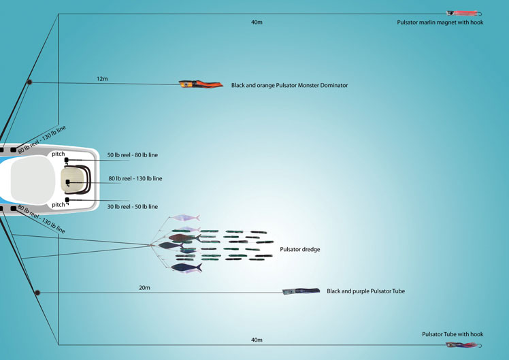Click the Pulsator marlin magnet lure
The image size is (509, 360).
click(x=462, y=13)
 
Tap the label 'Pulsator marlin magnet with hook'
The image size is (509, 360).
click(x=440, y=22)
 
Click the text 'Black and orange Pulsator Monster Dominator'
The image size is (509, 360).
click(x=289, y=86)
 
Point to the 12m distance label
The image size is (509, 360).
click(x=102, y=79)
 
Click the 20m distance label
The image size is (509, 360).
click(x=144, y=288)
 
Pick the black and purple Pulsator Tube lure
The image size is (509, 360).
click(x=301, y=291)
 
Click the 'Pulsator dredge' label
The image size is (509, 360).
click(x=299, y=250)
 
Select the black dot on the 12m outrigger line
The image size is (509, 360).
click(x=29, y=83)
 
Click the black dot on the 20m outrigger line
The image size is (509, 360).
click(x=37, y=293)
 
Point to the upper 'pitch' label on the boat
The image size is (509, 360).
click(x=59, y=154)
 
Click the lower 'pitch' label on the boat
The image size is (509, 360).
click(x=59, y=204)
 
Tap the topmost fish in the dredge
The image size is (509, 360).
click(x=185, y=218)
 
